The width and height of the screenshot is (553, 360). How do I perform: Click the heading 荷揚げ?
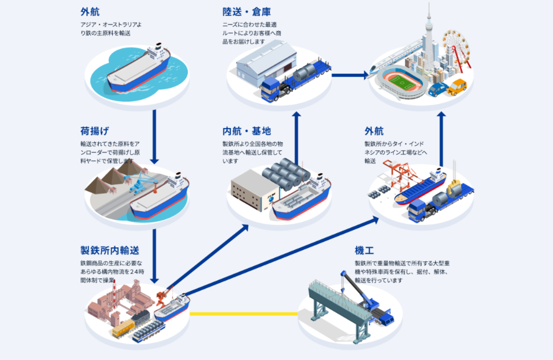click(x=95, y=131)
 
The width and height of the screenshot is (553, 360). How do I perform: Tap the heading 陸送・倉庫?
click(x=246, y=12)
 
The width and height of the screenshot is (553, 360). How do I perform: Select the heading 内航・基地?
click(x=246, y=131)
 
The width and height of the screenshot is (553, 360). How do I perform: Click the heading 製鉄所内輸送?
click(x=110, y=250)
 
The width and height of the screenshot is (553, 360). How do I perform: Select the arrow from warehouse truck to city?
click(x=349, y=75)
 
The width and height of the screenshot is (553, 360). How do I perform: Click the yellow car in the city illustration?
click(x=457, y=87)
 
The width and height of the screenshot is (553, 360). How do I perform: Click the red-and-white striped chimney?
click(x=115, y=296)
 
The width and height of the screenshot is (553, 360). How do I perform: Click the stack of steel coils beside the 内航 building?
click(x=286, y=171)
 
